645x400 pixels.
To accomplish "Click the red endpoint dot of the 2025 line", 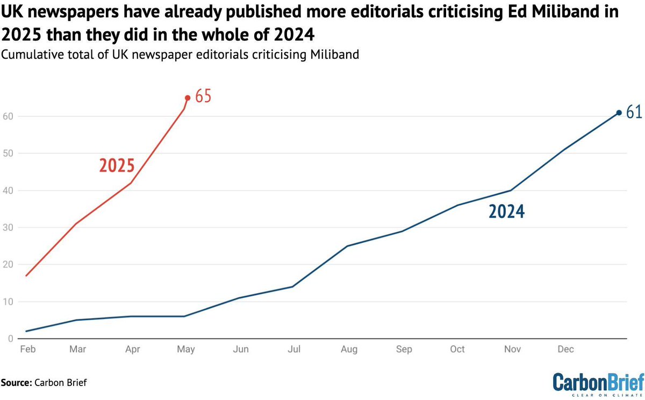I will [x=188, y=98].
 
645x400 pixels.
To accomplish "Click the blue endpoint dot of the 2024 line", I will [x=619, y=113].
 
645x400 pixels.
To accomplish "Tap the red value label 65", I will [x=203, y=97].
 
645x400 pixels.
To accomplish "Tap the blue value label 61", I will [x=634, y=112].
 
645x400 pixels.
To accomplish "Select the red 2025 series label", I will [x=117, y=165].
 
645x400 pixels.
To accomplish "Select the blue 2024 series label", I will [x=506, y=212].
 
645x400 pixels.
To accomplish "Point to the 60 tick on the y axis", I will [x=7, y=116].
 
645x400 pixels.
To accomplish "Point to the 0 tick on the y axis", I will [x=10, y=339].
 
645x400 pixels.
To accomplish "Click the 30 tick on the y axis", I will [x=7, y=228].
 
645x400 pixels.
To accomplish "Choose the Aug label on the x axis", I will [x=349, y=349].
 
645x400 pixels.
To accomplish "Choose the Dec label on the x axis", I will [x=565, y=349].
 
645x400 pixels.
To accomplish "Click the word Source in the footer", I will [x=17, y=383].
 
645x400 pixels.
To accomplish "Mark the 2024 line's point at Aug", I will [x=347, y=246].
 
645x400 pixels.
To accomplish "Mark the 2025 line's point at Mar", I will [x=77, y=224].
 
